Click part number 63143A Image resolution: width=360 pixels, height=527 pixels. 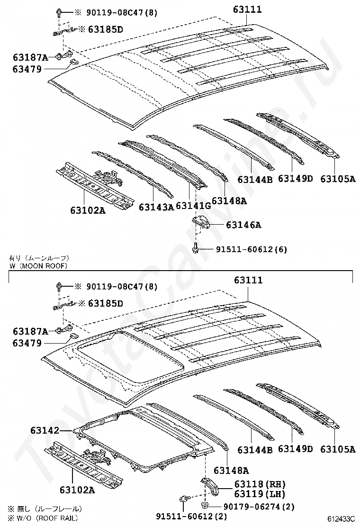(x=156, y=207)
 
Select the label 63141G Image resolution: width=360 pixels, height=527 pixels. (x=193, y=206)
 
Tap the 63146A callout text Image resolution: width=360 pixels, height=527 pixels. (x=243, y=225)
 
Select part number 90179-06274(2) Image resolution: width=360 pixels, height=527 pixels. (x=259, y=507)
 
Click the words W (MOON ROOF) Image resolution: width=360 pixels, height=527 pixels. (x=38, y=266)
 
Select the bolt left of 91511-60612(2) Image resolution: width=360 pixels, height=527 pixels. (x=184, y=499)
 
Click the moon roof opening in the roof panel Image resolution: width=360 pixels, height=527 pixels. (x=128, y=357)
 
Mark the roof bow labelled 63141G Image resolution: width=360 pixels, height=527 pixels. (x=161, y=159)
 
